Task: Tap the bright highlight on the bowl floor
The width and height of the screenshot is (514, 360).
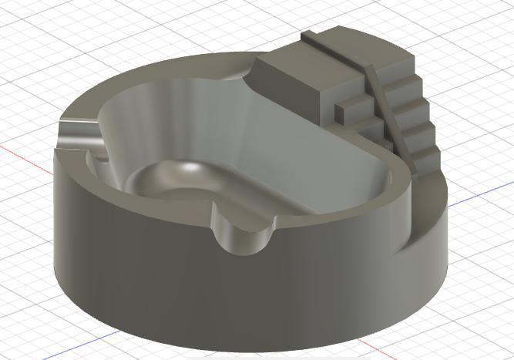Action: tap(187, 167)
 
